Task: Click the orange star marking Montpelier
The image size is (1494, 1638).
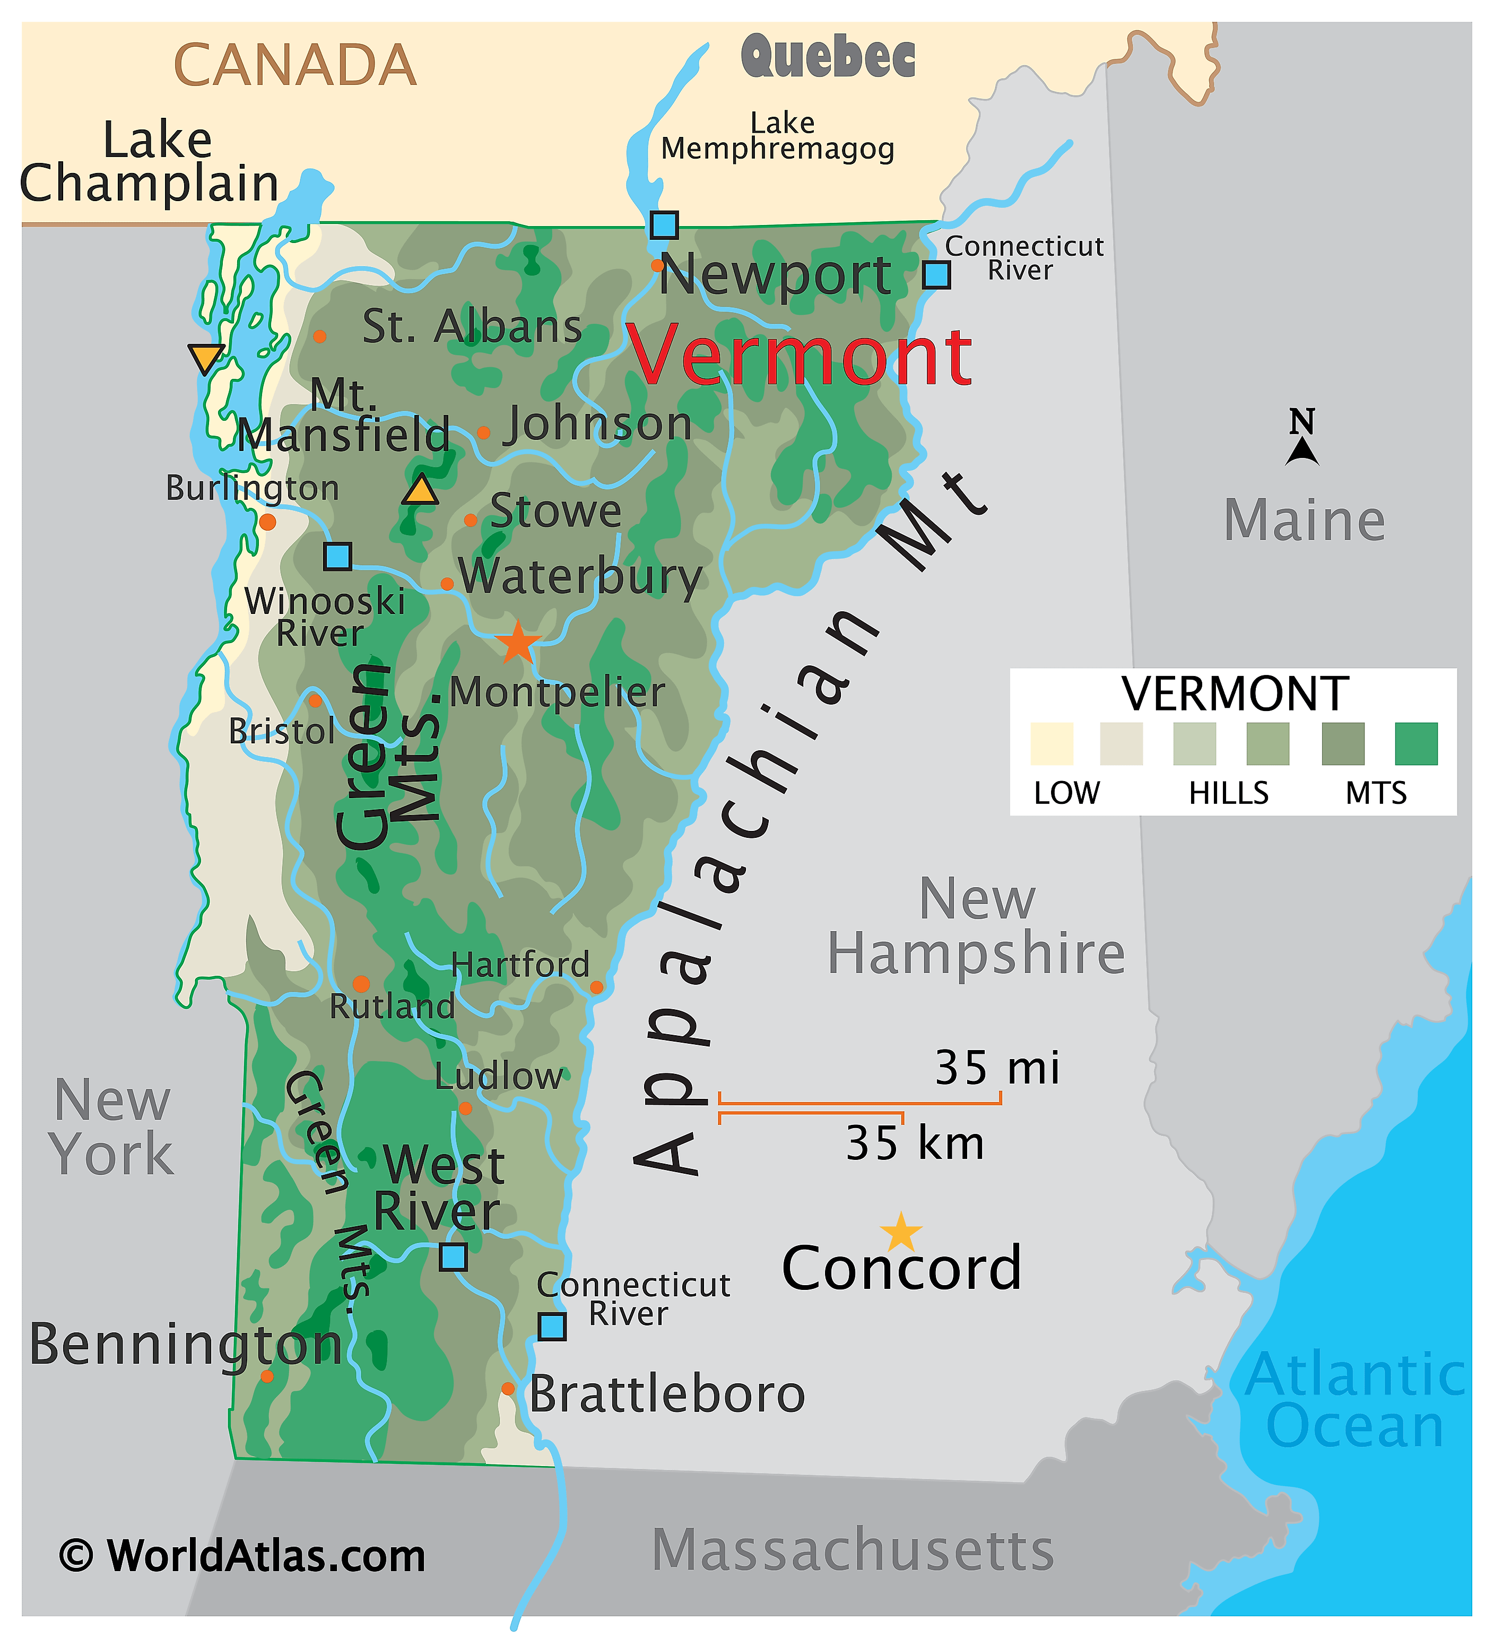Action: tap(517, 644)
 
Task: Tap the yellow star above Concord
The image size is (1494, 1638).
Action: tap(901, 1233)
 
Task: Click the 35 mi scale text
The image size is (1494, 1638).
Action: tap(997, 1068)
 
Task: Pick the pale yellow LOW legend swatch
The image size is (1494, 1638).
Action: tap(1051, 743)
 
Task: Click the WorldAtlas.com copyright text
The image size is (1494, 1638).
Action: tap(242, 1556)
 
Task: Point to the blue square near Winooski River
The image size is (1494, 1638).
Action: tap(338, 557)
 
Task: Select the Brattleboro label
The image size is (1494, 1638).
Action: tap(667, 1394)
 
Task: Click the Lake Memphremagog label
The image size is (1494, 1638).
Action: tap(778, 136)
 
